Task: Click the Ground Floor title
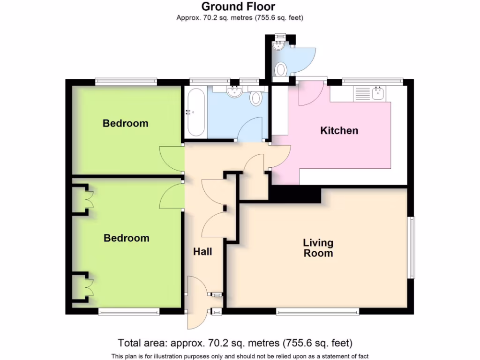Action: pyautogui.click(x=239, y=7)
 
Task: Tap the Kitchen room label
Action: pyautogui.click(x=339, y=130)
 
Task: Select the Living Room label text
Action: pyautogui.click(x=318, y=248)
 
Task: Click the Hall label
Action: pyautogui.click(x=202, y=252)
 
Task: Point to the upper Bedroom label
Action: pyautogui.click(x=125, y=123)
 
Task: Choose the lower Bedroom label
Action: pyautogui.click(x=126, y=238)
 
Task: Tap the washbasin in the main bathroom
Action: pyautogui.click(x=233, y=92)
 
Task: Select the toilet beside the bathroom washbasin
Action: pyautogui.click(x=256, y=98)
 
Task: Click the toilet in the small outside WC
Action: pyautogui.click(x=281, y=69)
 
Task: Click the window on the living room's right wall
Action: pyautogui.click(x=411, y=247)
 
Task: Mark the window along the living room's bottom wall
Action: pyautogui.click(x=317, y=311)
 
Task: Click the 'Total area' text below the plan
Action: pyautogui.click(x=235, y=343)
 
